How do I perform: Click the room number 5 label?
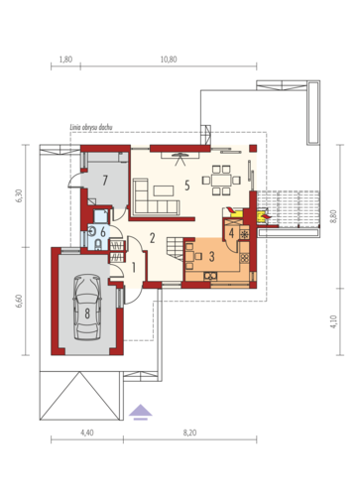tap(187, 186)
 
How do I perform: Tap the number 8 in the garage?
tap(87, 313)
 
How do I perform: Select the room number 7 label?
tap(105, 181)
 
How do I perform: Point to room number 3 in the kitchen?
tap(212, 256)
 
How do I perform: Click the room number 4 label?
tap(231, 233)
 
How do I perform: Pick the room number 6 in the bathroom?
tap(103, 232)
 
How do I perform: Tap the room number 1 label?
tap(134, 268)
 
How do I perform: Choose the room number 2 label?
tap(152, 238)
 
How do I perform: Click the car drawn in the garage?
tap(87, 307)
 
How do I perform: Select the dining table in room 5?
tap(221, 181)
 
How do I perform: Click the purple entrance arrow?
tap(141, 412)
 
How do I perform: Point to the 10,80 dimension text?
tap(169, 60)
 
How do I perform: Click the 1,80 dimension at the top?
tap(65, 60)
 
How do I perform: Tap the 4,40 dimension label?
tap(86, 433)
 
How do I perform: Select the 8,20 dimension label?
tap(189, 433)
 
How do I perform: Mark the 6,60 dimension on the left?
tap(19, 301)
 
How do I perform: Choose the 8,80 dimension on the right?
tap(333, 216)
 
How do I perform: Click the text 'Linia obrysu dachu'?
tap(91, 127)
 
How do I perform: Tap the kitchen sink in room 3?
tap(210, 276)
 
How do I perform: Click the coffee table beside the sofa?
tap(164, 190)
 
